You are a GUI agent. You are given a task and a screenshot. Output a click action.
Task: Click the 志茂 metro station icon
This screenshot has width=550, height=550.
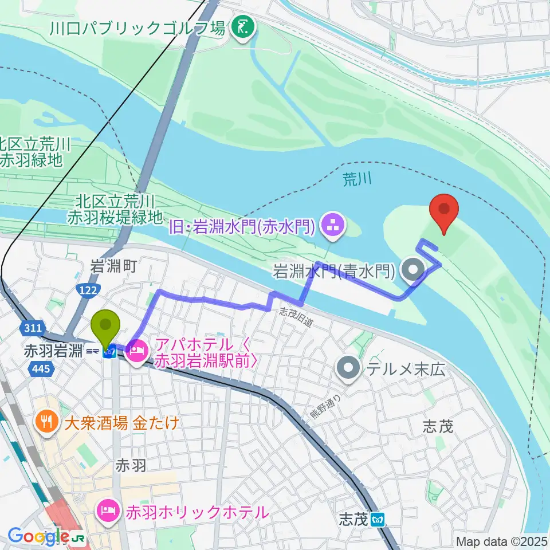pos(378,520)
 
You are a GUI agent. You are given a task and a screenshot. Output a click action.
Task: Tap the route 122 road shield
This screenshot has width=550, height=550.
pos(88,291)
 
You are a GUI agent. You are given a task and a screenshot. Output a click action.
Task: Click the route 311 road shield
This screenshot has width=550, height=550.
pos(33,328)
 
